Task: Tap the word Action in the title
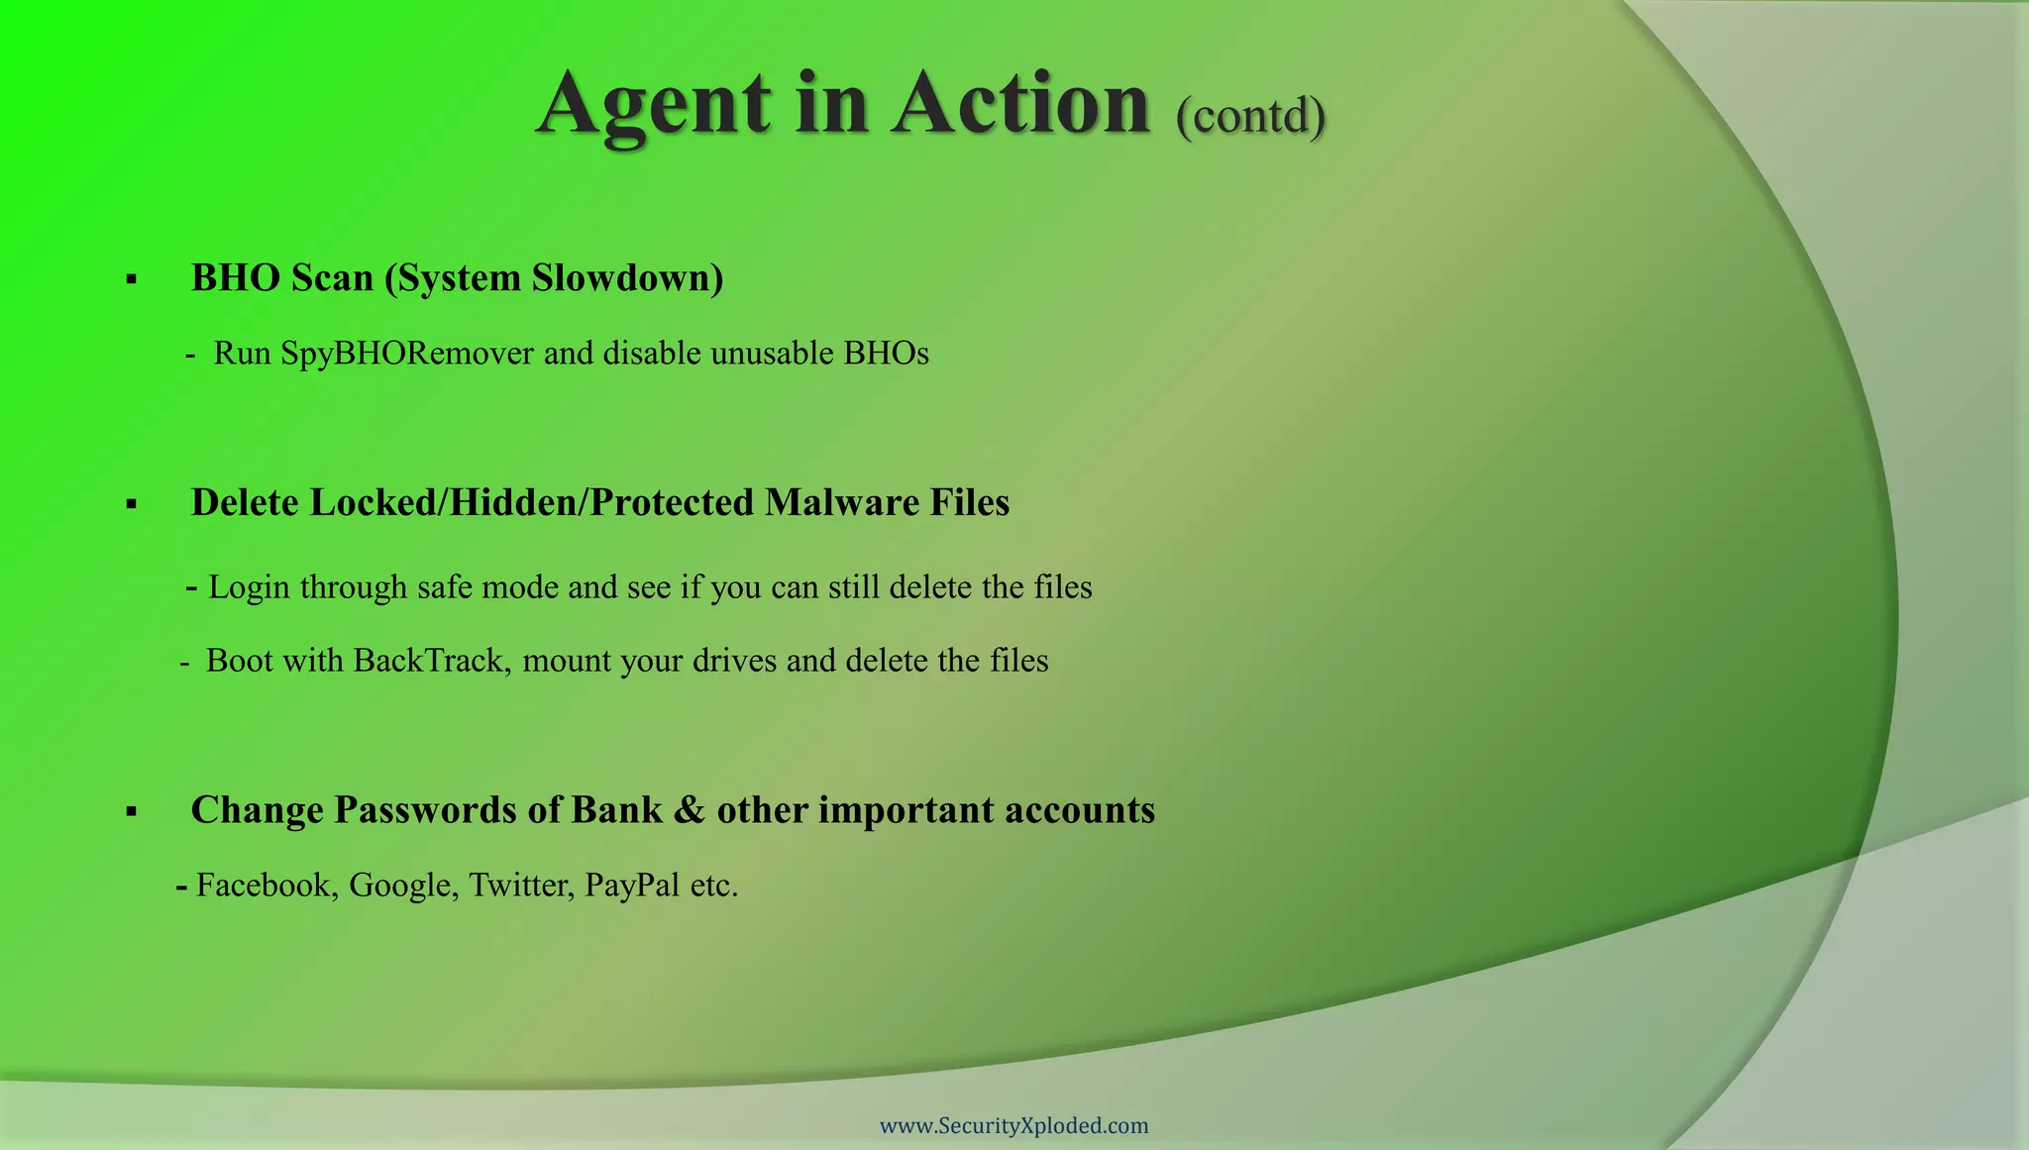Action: click(x=1020, y=104)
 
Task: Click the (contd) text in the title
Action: click(x=1250, y=116)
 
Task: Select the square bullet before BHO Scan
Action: click(x=132, y=280)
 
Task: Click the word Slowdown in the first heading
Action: click(x=627, y=278)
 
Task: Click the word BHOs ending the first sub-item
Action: click(x=886, y=354)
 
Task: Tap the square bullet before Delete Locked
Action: click(x=132, y=505)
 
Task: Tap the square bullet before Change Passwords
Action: click(x=132, y=812)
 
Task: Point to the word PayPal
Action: click(x=632, y=885)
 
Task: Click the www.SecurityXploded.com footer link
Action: click(x=1014, y=1126)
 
